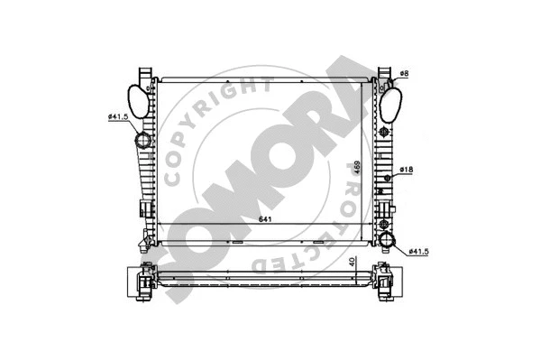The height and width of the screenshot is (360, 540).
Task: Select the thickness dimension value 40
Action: point(351,263)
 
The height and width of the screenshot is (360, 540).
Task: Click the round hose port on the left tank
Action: point(143,142)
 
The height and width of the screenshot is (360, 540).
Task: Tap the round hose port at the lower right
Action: point(388,240)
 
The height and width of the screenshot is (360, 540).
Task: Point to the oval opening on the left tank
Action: point(136,97)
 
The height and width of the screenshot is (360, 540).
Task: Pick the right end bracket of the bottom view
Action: point(382,279)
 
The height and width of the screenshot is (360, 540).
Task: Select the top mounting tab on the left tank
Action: point(143,72)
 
